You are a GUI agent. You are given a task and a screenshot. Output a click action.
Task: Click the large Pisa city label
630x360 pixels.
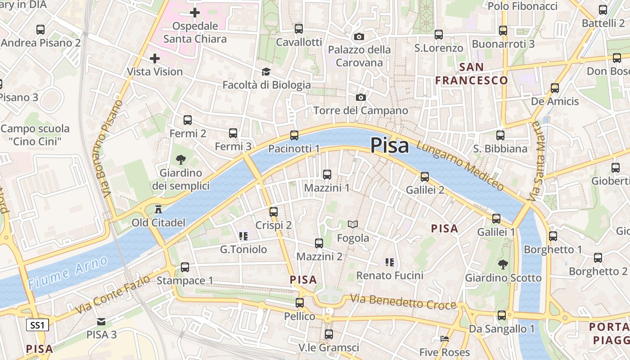(390, 145)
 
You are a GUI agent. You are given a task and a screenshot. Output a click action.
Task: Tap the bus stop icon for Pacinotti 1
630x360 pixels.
(294, 135)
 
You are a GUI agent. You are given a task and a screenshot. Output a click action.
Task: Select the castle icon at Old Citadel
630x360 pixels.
(158, 209)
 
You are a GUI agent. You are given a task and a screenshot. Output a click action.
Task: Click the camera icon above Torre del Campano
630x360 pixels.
(360, 97)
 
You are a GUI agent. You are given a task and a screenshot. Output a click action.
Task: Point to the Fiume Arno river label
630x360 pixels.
(67, 272)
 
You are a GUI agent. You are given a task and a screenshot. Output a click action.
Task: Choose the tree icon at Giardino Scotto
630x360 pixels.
(503, 265)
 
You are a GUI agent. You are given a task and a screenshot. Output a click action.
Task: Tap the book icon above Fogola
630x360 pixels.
(353, 224)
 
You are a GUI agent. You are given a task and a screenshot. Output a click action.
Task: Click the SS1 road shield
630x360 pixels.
(37, 325)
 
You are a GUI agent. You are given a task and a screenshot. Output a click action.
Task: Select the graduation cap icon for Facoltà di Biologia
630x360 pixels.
(266, 72)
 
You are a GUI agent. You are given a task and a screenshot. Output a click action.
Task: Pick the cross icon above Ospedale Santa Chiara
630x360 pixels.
(195, 13)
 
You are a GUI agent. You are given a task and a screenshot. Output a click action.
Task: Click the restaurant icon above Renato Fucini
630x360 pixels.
(389, 262)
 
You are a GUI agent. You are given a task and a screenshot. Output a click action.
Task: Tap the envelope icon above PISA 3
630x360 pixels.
(101, 321)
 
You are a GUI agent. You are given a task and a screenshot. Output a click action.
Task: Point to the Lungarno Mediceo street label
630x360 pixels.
(460, 165)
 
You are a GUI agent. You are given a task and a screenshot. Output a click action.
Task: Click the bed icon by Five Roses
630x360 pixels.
(445, 339)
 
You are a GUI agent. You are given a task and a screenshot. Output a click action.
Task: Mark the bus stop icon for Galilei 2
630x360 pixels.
(425, 177)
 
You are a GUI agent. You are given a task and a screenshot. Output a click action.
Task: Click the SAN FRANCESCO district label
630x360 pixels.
(472, 74)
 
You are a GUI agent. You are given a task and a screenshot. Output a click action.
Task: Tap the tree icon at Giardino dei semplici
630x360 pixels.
(181, 159)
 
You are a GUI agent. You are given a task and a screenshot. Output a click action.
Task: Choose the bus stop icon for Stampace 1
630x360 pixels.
(185, 267)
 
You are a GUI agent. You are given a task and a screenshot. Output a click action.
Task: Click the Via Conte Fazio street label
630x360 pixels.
(112, 296)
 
